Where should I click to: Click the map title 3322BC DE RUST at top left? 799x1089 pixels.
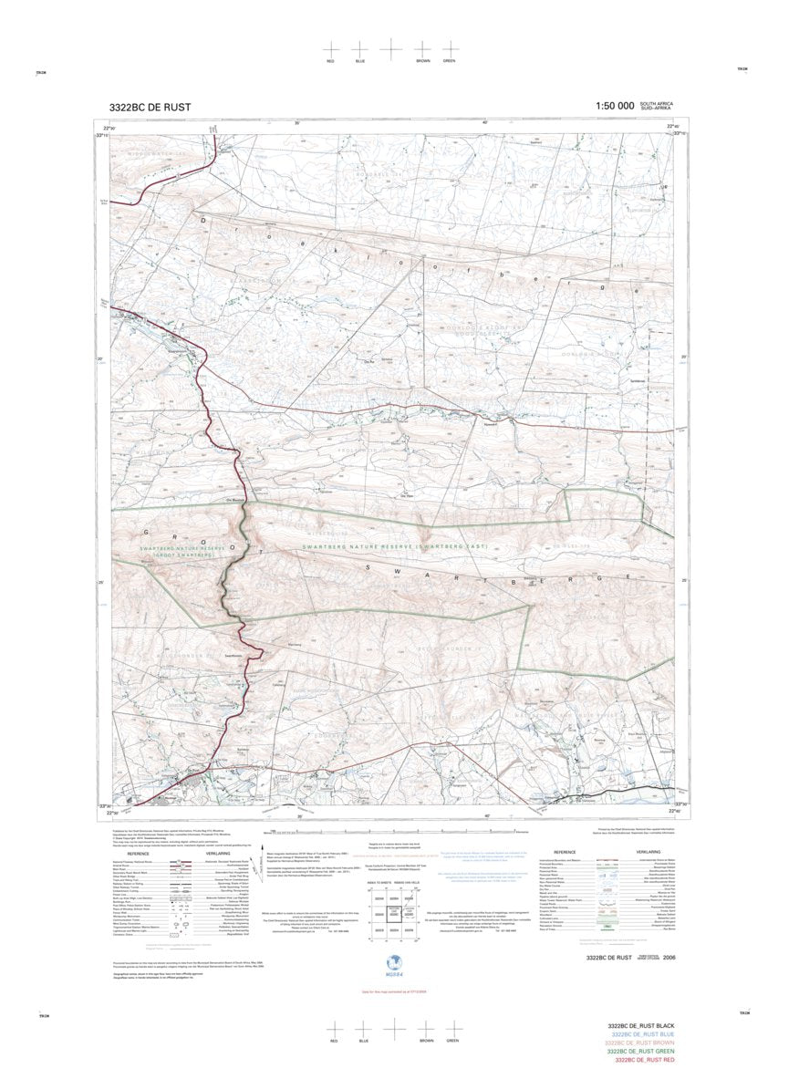[150, 107]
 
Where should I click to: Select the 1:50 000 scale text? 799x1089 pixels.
[614, 106]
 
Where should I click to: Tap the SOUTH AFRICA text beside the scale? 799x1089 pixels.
[659, 103]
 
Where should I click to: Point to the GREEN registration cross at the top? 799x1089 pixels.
[450, 48]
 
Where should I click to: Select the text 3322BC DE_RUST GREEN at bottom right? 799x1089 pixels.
[643, 1052]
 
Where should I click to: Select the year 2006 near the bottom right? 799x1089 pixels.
[670, 958]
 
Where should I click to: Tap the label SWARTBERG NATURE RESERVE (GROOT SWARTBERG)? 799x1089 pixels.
[175, 551]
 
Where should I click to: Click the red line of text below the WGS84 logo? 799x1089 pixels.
[393, 990]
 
